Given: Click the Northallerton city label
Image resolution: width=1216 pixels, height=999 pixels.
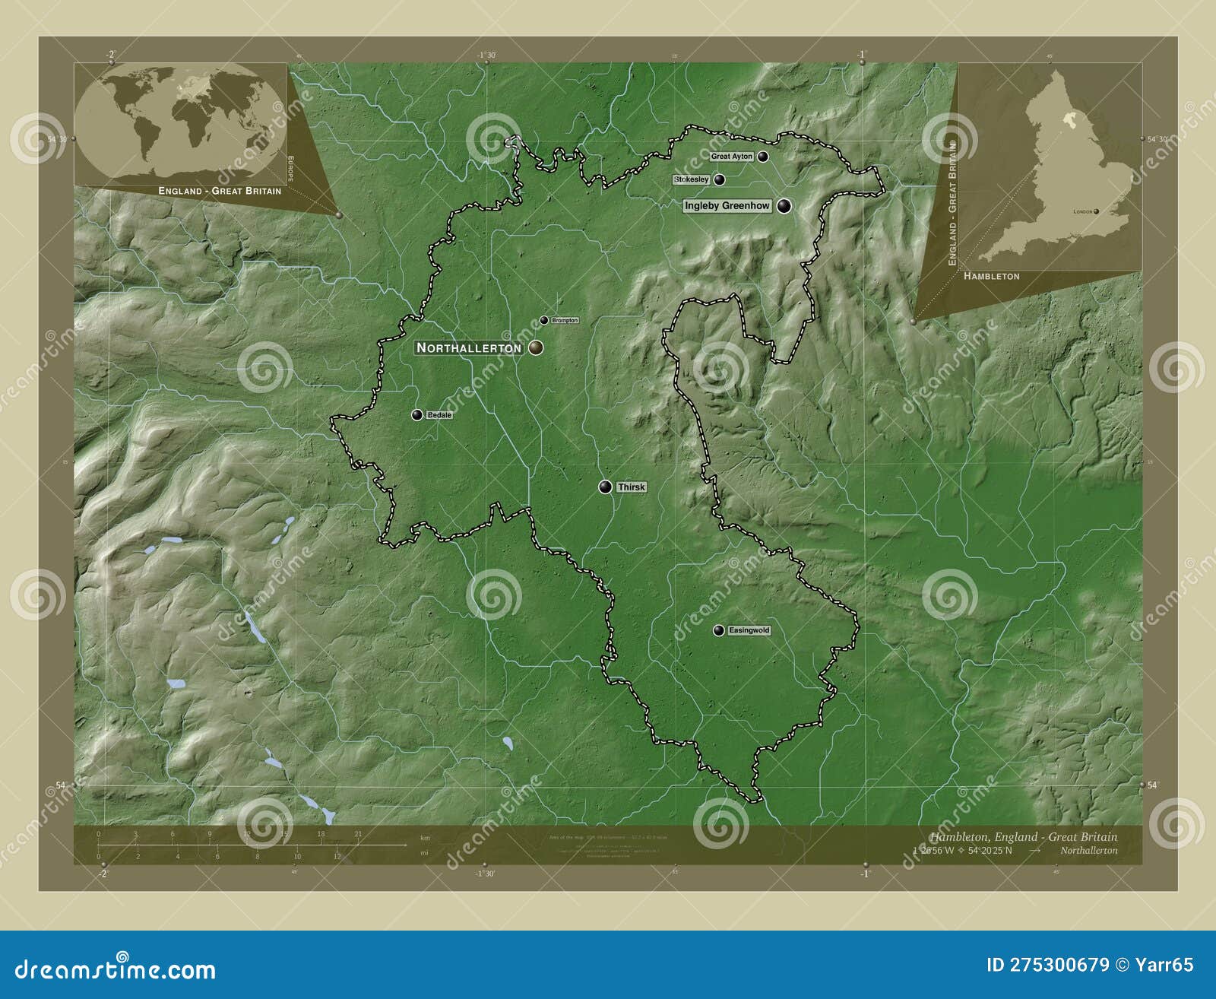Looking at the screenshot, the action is click(469, 347).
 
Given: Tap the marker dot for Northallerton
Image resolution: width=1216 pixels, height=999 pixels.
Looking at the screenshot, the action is click(537, 347).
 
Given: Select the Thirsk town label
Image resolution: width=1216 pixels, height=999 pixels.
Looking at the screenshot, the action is click(632, 487).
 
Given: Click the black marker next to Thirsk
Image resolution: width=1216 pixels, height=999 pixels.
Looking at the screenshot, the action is click(605, 487).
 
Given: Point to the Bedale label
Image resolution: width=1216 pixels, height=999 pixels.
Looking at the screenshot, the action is click(439, 415).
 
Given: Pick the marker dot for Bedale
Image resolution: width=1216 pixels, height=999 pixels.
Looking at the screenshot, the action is click(416, 414).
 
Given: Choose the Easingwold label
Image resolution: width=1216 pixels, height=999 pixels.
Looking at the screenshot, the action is click(749, 630).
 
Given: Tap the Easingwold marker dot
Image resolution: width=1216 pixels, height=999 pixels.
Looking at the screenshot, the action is click(718, 630).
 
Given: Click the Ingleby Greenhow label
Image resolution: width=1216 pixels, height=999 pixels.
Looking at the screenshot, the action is click(727, 206).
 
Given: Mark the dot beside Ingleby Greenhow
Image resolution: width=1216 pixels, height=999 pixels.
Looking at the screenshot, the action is click(784, 205).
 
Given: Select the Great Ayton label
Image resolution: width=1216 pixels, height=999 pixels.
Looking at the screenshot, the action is click(731, 157).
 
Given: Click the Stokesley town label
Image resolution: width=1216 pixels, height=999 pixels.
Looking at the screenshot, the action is click(692, 179).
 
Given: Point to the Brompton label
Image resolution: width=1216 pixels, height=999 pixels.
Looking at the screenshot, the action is click(565, 321).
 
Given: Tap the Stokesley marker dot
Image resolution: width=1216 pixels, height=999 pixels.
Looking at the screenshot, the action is click(719, 179).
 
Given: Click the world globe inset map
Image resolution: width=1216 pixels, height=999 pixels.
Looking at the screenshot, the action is click(181, 121).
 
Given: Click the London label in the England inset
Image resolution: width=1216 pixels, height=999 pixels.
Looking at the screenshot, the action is click(1081, 212).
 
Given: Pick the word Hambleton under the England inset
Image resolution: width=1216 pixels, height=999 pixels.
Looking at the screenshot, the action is click(991, 276).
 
